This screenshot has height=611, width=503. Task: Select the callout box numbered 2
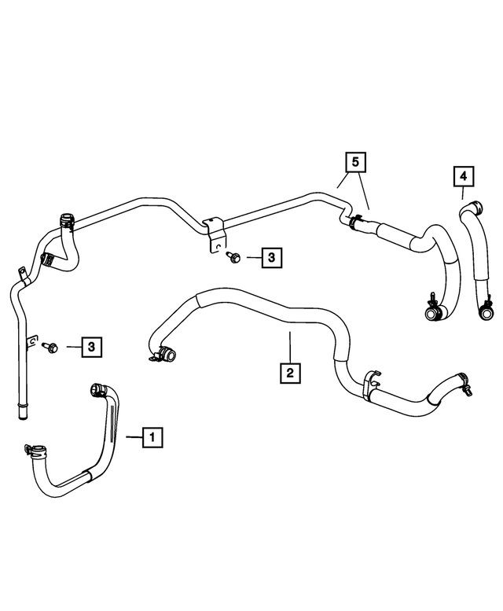tap(290, 372)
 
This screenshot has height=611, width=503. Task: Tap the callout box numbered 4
tap(464, 176)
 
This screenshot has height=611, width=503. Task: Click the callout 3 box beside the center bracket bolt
tap(270, 256)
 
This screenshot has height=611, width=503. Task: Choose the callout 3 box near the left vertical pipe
tap(92, 345)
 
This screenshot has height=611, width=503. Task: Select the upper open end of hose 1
tap(98, 388)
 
